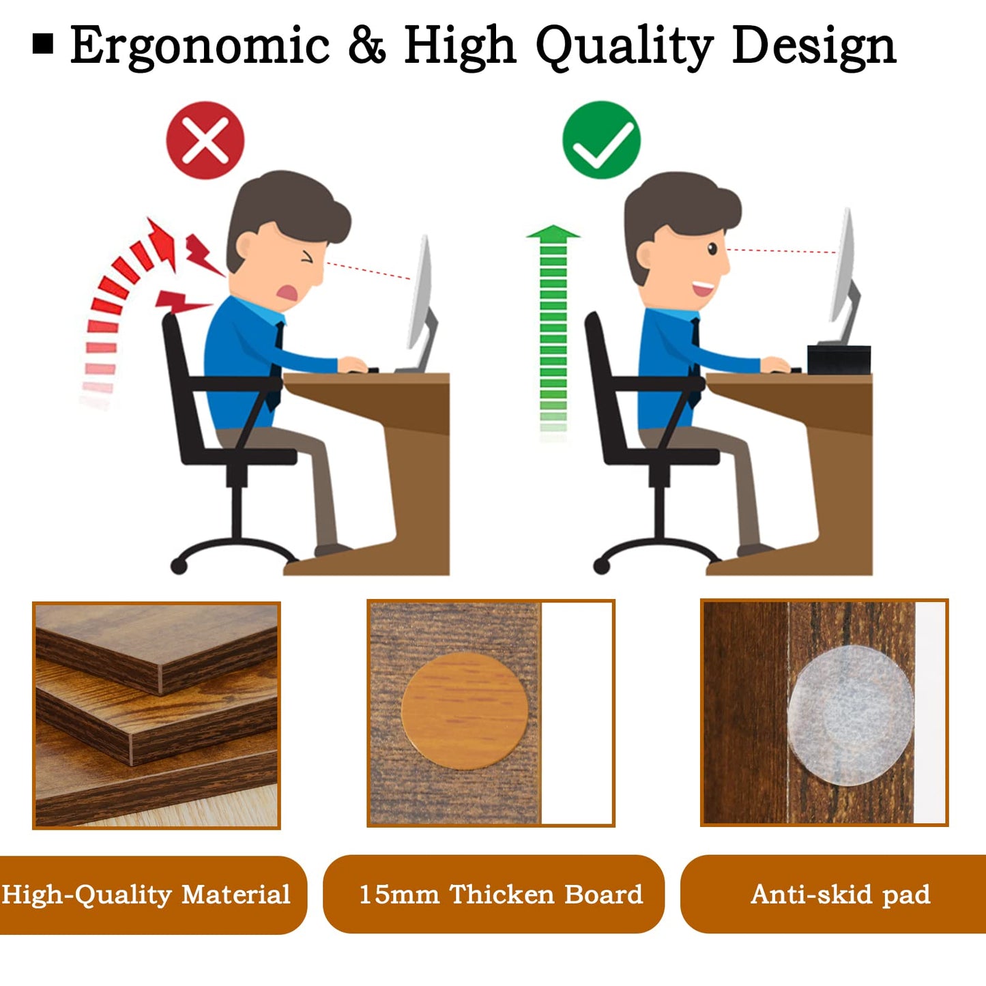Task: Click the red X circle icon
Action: click(205, 141)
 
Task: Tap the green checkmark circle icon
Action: click(601, 140)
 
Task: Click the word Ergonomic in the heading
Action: click(199, 46)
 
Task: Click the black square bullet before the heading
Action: click(43, 44)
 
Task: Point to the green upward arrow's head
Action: click(553, 233)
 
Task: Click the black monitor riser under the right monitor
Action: click(839, 360)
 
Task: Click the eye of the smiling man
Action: click(712, 249)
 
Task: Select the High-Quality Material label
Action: click(146, 894)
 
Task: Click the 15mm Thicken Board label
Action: click(500, 894)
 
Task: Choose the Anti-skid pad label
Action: click(840, 894)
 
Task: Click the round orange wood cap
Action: click(465, 710)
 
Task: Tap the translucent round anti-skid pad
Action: click(850, 714)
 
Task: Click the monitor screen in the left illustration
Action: click(421, 293)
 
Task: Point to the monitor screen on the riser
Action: click(845, 266)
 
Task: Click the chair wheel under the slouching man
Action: click(179, 566)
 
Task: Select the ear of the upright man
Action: click(644, 254)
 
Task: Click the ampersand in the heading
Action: click(366, 46)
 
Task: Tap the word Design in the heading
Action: click(813, 46)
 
